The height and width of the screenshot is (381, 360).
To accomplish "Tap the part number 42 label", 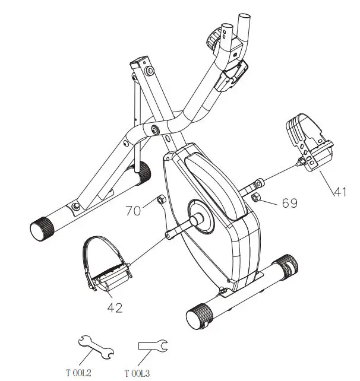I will (115, 308).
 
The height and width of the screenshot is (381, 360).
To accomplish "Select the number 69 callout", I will (289, 204).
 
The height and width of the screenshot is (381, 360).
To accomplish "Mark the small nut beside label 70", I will (160, 201).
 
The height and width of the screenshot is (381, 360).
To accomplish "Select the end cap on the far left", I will (42, 228).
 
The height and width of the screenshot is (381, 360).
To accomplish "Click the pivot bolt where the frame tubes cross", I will (156, 129).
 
